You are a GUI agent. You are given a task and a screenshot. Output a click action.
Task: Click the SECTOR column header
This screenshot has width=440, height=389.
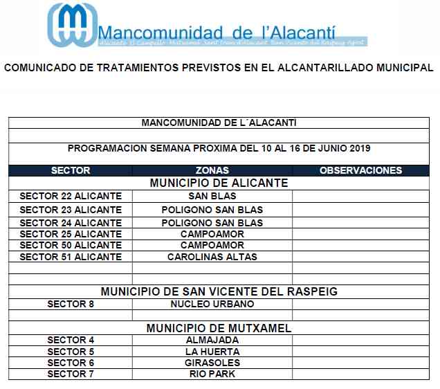coord(71,170)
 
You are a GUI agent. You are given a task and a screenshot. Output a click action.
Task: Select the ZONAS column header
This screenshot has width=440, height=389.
coord(212,170)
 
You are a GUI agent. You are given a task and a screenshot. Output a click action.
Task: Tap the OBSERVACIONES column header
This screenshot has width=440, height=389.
coord(360,170)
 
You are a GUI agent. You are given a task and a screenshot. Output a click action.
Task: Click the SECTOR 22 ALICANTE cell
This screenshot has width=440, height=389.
coord(71,196)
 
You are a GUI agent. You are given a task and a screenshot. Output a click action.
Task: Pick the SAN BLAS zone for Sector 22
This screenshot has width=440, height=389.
coord(212,196)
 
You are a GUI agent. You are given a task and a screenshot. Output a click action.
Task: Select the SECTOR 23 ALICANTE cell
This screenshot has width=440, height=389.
coord(71,210)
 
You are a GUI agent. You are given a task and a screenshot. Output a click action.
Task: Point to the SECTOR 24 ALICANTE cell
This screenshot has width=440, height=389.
coord(71,223)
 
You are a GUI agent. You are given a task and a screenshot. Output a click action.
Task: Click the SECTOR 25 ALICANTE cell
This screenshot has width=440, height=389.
coord(71,234)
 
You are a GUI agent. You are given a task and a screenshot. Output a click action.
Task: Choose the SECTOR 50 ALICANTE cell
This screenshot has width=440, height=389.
coord(71,245)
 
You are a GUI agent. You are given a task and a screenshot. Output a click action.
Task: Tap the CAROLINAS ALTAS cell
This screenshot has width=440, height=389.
coord(212,257)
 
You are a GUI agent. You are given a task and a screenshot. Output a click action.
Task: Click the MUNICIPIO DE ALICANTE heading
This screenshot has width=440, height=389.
coord(219,183)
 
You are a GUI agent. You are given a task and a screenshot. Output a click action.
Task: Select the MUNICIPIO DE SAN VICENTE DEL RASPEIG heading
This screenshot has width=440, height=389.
coord(219,291)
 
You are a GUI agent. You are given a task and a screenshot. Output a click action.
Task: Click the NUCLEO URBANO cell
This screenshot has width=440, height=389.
coord(212,304)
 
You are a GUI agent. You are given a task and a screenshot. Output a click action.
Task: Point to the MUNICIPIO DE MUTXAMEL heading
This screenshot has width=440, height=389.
coord(219,328)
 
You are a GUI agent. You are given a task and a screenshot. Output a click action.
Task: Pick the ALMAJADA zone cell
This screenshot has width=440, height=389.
coord(212,340)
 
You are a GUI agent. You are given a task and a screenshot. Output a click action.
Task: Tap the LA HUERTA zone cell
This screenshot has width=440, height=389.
coord(212,352)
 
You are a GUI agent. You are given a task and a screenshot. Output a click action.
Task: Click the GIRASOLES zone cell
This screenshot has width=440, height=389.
coord(212,363)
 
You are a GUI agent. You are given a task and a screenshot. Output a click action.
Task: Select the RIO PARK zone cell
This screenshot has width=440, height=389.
coord(212,374)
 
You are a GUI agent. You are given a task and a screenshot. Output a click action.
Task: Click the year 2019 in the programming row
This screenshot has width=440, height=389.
coord(359,148)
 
